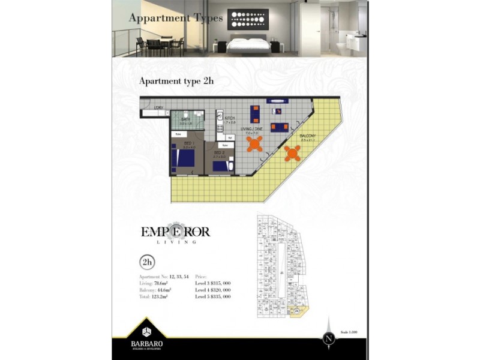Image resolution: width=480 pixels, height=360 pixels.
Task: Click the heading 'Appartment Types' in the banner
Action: (x=176, y=18)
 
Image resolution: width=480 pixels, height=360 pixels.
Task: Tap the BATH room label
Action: (x=186, y=120)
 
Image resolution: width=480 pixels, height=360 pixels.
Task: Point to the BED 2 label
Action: (x=219, y=153)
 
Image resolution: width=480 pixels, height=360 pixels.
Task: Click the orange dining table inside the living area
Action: (x=255, y=145)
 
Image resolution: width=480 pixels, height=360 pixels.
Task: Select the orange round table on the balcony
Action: (x=292, y=153)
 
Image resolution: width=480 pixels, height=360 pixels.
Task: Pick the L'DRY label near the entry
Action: (x=159, y=108)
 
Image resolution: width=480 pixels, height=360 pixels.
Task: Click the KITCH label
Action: (x=229, y=119)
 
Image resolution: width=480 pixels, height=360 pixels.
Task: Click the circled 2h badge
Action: (x=146, y=262)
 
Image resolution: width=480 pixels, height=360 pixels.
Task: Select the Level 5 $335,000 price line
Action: (x=213, y=296)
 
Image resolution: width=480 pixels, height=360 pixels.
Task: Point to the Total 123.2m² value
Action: (x=154, y=296)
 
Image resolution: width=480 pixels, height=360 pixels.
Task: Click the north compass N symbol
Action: (x=328, y=338)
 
